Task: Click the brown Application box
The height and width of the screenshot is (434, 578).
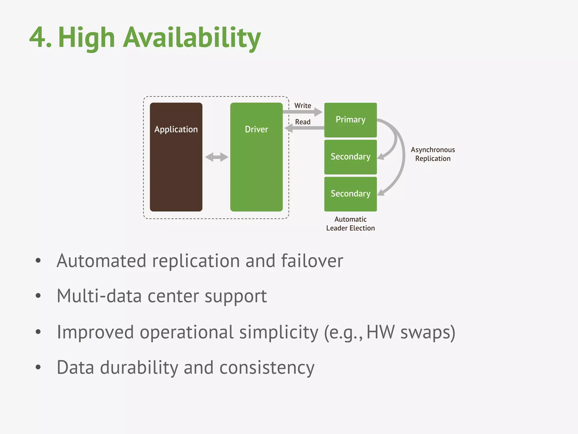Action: coord(176,157)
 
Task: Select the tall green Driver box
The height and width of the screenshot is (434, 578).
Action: coord(256,157)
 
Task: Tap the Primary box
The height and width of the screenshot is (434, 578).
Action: coord(350,120)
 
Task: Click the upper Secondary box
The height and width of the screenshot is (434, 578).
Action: coord(350,157)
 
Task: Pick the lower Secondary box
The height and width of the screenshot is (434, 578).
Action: coord(350,194)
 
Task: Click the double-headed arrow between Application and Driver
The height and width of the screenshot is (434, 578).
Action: coord(216,157)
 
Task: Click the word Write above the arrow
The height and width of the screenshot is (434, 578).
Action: coord(303,106)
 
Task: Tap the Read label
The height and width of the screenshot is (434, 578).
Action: coord(303,122)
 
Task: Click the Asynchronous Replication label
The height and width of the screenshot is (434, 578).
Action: coord(433,154)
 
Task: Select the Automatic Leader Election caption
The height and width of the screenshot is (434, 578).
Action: coord(350,223)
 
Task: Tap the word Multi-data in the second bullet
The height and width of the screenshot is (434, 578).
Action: coord(99,296)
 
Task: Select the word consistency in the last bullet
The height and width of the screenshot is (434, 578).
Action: coord(267,368)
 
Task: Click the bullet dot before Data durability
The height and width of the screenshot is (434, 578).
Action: coord(38,367)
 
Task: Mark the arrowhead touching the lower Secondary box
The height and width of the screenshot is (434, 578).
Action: coord(381,193)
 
